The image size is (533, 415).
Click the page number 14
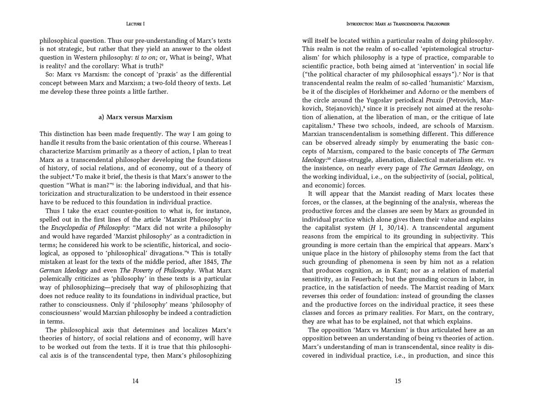pyautogui.click(x=135, y=381)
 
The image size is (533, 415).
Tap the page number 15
pyautogui.click(x=398, y=381)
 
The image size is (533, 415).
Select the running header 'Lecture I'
pyautogui.click(x=136, y=24)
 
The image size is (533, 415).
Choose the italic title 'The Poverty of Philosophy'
pyautogui.click(x=157, y=270)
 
